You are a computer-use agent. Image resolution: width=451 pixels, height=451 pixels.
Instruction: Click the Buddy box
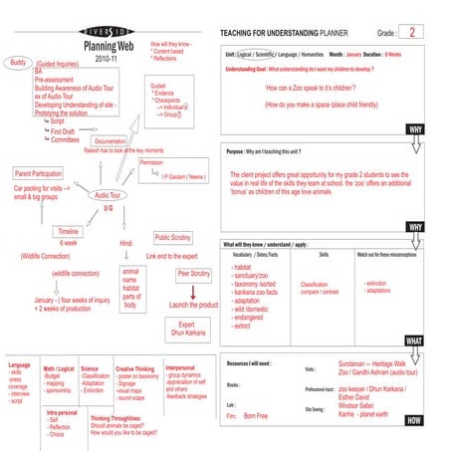[x=18, y=63]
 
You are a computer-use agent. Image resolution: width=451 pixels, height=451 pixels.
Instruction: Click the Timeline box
[x=69, y=230]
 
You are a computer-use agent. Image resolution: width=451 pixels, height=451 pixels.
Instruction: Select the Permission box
[x=151, y=162]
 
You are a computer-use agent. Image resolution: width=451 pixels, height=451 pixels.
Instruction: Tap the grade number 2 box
[x=416, y=32]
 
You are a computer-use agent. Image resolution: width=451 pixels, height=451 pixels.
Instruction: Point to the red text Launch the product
[x=193, y=305]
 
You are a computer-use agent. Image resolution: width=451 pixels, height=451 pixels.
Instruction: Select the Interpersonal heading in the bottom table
[x=186, y=367]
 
